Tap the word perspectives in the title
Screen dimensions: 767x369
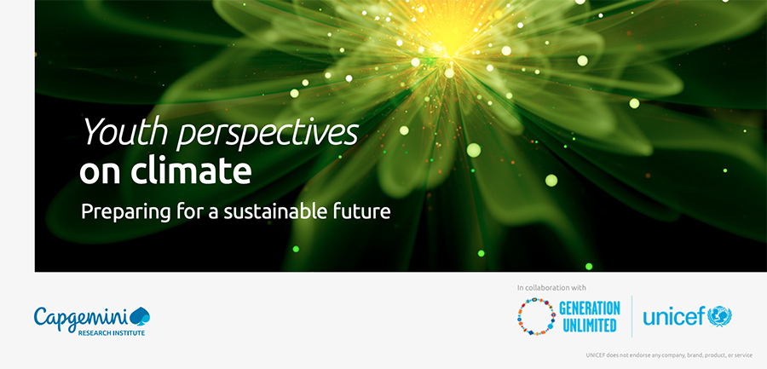[x=267, y=134]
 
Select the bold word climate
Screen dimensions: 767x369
[x=191, y=170]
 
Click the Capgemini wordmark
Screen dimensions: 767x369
[x=81, y=318]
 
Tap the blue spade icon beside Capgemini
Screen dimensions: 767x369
[x=140, y=316]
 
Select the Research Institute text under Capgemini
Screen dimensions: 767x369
[x=112, y=333]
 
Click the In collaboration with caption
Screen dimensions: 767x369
[x=551, y=288]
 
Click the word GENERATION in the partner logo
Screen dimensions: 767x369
[x=590, y=308]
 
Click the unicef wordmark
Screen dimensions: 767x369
[x=675, y=316]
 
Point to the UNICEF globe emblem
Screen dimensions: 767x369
[x=720, y=316]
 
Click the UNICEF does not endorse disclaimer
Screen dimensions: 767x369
[x=669, y=355]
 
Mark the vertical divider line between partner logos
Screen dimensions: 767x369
[x=631, y=316]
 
